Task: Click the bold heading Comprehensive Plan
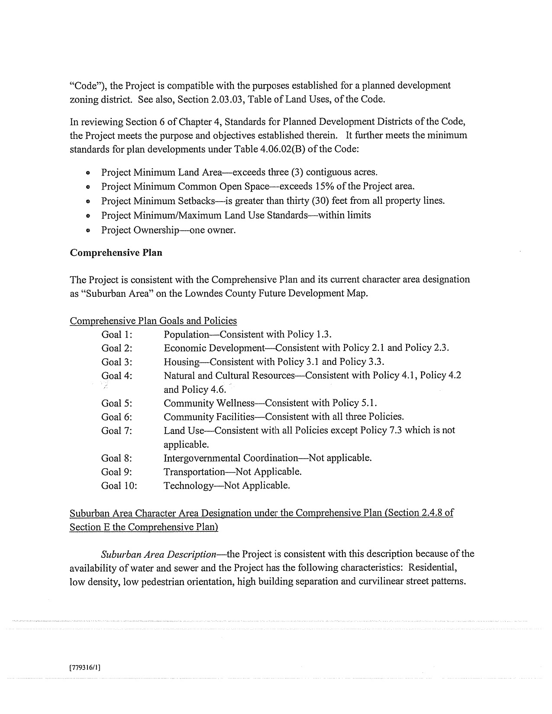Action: click(x=116, y=253)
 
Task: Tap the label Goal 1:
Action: click(x=117, y=334)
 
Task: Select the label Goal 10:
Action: click(x=119, y=486)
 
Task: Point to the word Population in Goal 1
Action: click(x=186, y=334)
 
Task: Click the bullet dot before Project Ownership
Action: click(x=88, y=231)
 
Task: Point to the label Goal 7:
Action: click(x=117, y=431)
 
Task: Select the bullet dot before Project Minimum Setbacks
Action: click(x=88, y=202)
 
